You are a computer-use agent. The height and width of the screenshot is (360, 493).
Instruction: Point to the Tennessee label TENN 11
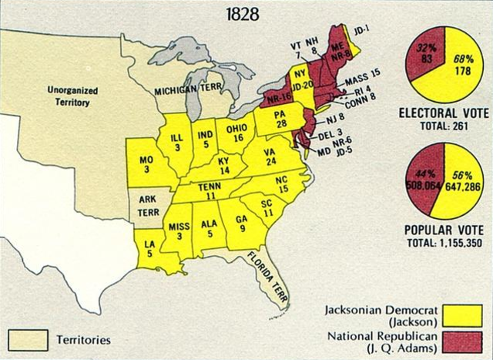(209, 193)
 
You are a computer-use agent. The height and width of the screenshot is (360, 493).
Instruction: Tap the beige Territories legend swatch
(28, 338)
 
